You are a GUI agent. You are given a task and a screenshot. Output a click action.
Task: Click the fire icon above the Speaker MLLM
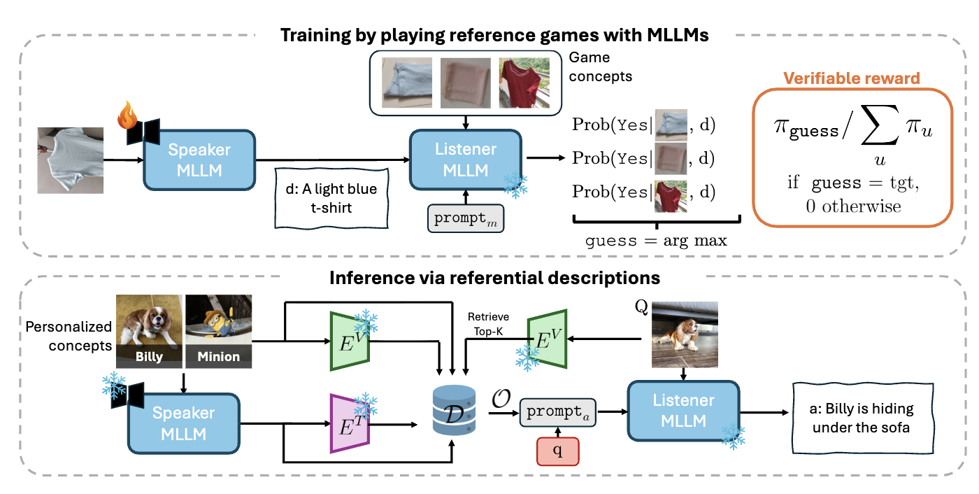tap(127, 115)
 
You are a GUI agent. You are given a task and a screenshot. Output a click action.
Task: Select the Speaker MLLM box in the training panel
tap(199, 160)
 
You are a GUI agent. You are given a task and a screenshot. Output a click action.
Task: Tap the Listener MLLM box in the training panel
tap(466, 160)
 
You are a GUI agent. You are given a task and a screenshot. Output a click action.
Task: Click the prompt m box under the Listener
tap(466, 218)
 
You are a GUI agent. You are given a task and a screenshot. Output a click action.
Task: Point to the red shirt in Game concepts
tap(524, 83)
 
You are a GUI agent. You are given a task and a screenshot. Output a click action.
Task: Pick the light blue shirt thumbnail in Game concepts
tap(407, 83)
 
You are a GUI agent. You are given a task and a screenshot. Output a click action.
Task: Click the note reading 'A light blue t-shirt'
tap(331, 198)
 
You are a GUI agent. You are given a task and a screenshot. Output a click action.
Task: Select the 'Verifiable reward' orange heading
tap(852, 78)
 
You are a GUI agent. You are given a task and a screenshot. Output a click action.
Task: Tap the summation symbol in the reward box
tap(880, 125)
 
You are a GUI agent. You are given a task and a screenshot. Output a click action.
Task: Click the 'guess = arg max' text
tap(656, 241)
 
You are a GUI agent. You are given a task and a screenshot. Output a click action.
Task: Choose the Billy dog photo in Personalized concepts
tap(149, 331)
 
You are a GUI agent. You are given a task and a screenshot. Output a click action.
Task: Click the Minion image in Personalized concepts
tap(218, 331)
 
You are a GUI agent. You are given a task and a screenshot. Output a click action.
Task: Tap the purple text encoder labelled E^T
tap(350, 423)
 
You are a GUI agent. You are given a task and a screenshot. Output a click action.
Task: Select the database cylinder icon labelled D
tap(454, 410)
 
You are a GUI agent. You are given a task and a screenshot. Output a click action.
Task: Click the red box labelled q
tap(558, 451)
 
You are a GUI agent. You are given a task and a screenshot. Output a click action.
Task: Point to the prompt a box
tap(558, 412)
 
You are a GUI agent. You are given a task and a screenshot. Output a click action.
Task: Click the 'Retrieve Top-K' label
tap(488, 324)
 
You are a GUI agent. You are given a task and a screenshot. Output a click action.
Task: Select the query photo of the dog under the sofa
tap(685, 334)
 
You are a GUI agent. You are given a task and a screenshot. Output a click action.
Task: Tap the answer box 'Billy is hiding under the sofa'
tap(863, 418)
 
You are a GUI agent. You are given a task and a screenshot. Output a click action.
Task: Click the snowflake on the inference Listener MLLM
tap(733, 436)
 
